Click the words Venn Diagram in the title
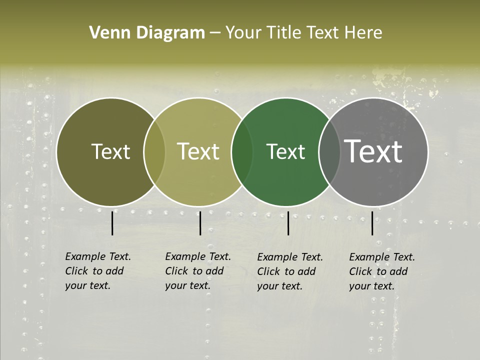click(x=147, y=32)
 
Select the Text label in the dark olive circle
click(x=110, y=151)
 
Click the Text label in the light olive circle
click(x=198, y=151)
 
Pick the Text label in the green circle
click(x=285, y=151)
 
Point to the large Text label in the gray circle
click(x=373, y=151)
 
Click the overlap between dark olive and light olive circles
click(x=154, y=151)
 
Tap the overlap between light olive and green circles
click(x=242, y=151)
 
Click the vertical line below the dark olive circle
click(x=112, y=223)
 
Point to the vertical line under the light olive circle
click(x=200, y=223)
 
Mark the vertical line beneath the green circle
click(x=288, y=223)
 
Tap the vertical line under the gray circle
click(x=372, y=223)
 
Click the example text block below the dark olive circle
click(x=98, y=271)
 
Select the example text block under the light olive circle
click(x=198, y=271)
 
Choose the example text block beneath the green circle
click(x=290, y=271)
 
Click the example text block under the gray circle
click(x=382, y=271)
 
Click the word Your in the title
click(x=243, y=32)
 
